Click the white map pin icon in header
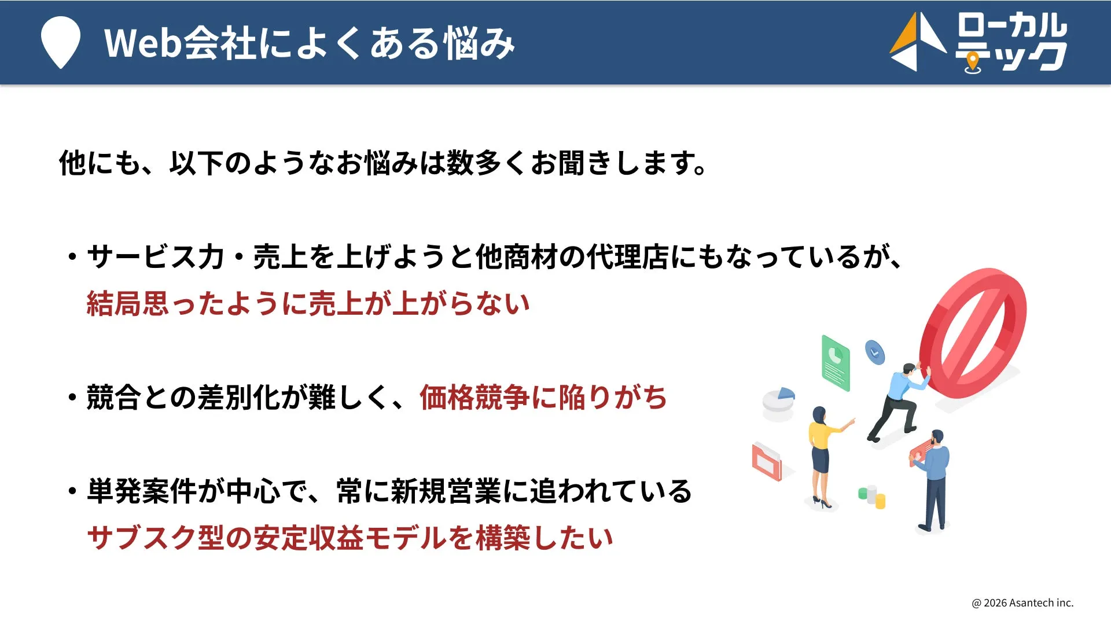click(x=60, y=42)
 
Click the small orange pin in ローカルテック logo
click(x=973, y=61)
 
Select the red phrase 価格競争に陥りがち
click(x=543, y=398)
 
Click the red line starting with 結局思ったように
click(x=308, y=303)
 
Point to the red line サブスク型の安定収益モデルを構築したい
click(x=350, y=538)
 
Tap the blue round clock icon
click(x=874, y=351)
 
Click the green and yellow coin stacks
click(x=872, y=497)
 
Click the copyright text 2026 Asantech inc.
click(x=1022, y=602)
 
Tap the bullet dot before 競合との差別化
click(x=72, y=398)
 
